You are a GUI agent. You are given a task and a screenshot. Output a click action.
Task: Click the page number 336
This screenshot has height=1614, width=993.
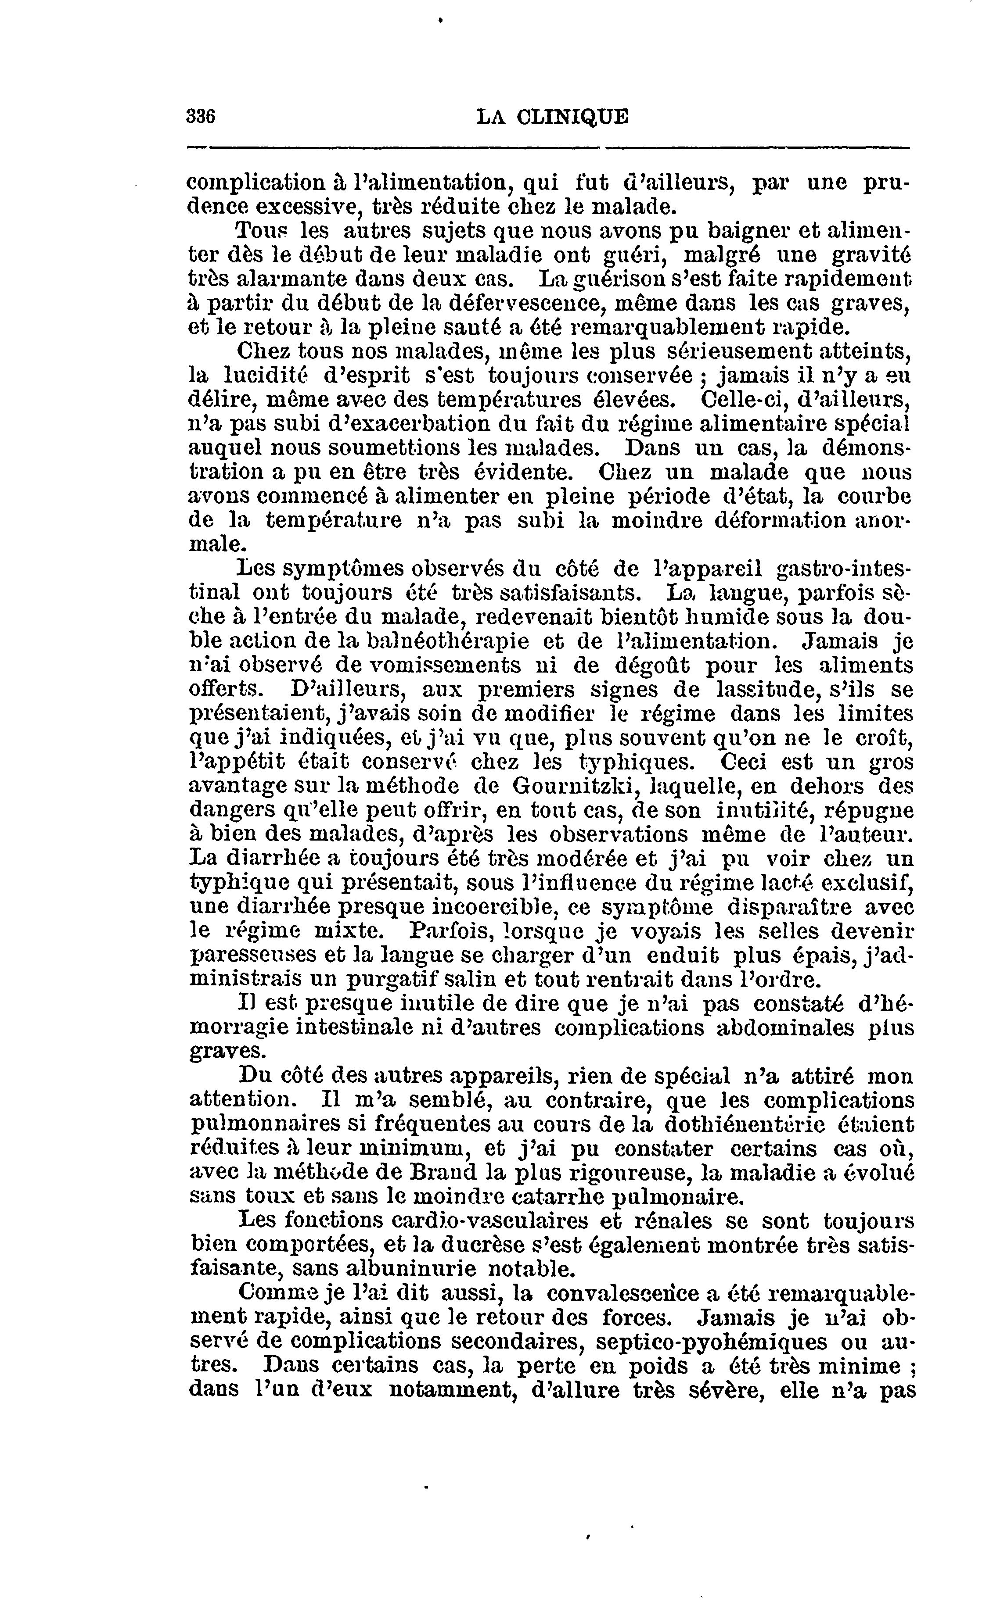coord(201,116)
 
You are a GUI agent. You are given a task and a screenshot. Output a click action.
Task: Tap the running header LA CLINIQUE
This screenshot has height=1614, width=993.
coord(552,117)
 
